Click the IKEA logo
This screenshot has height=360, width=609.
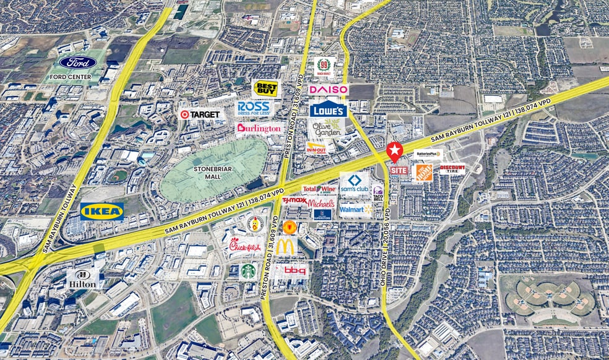pyautogui.click(x=101, y=212)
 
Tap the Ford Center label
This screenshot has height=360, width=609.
pyautogui.click(x=78, y=67)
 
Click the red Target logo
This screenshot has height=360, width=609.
pyautogui.click(x=201, y=114)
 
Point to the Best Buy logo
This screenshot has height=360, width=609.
pyautogui.click(x=266, y=88)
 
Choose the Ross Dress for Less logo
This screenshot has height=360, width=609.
pyautogui.click(x=254, y=108)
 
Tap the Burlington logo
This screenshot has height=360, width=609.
pyautogui.click(x=259, y=129)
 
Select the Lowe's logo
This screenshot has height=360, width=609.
pyautogui.click(x=327, y=109)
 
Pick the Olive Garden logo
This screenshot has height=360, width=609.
pyautogui.click(x=326, y=129)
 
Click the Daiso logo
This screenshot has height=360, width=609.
pyautogui.click(x=329, y=90)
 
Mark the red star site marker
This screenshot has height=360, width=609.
pyautogui.click(x=394, y=150)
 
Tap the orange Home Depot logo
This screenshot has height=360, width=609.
pyautogui.click(x=423, y=173)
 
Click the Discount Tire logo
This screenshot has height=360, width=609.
pyautogui.click(x=452, y=168)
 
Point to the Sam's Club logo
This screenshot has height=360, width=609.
pyautogui.click(x=354, y=183)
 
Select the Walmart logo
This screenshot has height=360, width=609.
pyautogui.click(x=356, y=210)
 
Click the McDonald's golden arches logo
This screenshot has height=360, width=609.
pyautogui.click(x=286, y=246)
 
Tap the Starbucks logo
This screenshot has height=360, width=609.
pyautogui.click(x=248, y=270)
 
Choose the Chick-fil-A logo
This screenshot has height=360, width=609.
pyautogui.click(x=246, y=247)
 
